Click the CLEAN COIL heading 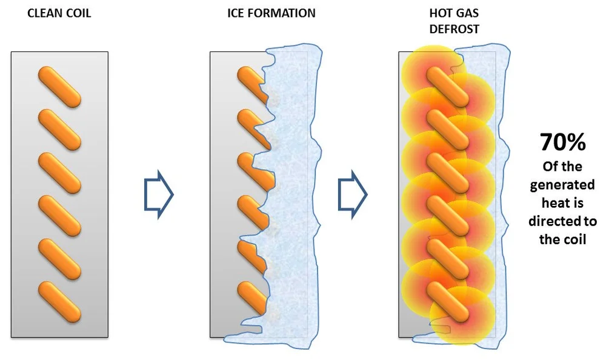point(59,13)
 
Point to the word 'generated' point(562,185)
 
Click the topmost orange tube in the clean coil point(59,86)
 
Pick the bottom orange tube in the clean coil point(59,301)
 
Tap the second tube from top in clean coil point(59,130)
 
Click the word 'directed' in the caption point(554,221)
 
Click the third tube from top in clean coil point(59,173)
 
